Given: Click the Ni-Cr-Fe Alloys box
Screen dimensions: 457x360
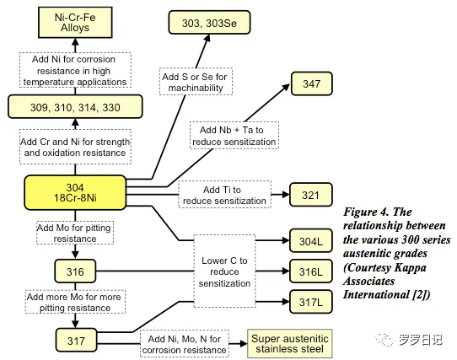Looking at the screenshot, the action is [x=75, y=23].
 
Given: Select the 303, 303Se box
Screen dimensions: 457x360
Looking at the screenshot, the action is [x=209, y=23].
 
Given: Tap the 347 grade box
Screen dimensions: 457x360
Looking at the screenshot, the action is [x=312, y=83].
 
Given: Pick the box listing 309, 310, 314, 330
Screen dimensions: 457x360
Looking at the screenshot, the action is [x=75, y=107].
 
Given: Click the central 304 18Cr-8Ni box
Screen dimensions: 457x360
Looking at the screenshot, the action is [x=75, y=193].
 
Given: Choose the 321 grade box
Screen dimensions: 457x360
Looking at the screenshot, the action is [x=310, y=195].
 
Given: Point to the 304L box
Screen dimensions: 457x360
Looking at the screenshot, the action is [x=310, y=241].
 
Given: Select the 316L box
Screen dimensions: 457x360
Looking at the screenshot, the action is [x=310, y=271].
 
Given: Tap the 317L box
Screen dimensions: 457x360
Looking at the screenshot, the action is [x=310, y=302].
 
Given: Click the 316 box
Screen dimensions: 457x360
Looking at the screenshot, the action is [x=75, y=271].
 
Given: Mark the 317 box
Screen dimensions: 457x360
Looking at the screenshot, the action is [x=76, y=340].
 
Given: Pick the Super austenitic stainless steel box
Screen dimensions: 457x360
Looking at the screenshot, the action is [x=290, y=344].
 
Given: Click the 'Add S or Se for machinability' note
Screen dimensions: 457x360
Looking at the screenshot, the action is [x=196, y=82].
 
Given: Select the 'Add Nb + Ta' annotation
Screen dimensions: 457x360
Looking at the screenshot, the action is [x=234, y=136].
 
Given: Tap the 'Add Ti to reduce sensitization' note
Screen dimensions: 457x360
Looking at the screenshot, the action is [x=224, y=195].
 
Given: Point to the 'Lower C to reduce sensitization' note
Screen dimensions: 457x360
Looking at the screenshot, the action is [x=224, y=271].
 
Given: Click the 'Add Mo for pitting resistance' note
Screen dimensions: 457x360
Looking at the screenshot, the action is [x=75, y=233].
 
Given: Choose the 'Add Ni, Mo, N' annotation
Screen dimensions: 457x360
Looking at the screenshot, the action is [x=185, y=344].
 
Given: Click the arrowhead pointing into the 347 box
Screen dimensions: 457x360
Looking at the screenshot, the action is [x=286, y=87].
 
